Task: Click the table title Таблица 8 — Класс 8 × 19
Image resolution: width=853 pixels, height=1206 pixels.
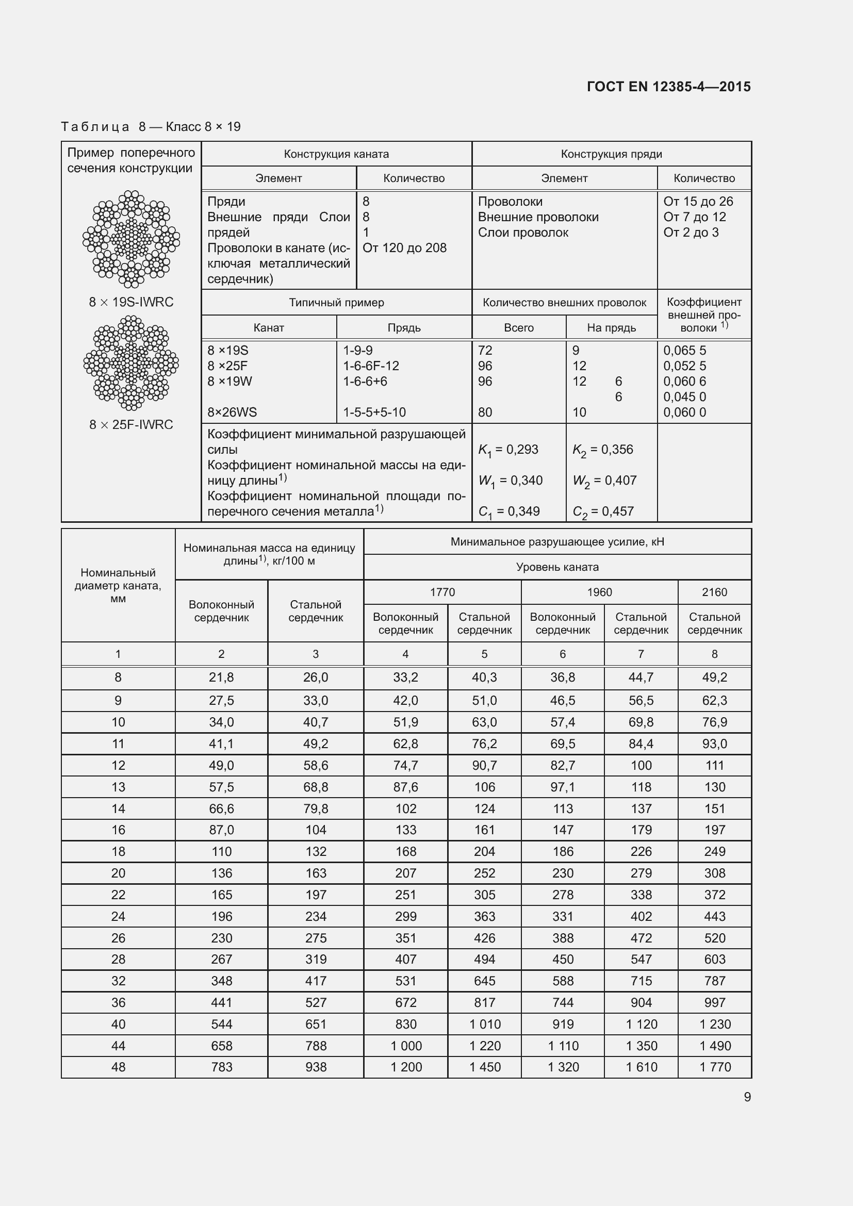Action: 151,127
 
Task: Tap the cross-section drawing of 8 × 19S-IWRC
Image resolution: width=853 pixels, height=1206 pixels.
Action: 131,239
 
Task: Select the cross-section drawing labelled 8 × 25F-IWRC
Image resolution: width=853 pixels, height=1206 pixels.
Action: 131,362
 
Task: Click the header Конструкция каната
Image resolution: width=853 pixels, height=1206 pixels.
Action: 336,154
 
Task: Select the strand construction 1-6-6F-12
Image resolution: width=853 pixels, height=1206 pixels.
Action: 371,366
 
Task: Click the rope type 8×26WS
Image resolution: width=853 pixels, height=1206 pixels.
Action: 232,412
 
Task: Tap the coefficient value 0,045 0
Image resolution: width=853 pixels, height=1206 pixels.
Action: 684,397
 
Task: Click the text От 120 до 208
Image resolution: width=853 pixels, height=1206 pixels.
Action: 404,248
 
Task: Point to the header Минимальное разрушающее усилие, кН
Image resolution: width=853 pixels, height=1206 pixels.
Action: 557,541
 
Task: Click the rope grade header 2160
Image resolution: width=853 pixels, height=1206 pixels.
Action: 714,592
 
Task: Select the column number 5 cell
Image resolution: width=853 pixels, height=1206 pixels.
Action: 484,654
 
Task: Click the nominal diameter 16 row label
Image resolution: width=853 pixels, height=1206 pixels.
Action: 118,830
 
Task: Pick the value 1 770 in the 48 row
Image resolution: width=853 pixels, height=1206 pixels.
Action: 714,1067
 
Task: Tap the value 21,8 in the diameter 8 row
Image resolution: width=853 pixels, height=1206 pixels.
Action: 221,678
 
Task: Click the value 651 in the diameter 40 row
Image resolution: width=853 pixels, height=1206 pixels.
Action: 315,1024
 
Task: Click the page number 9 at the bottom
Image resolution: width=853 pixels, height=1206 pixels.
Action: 747,1097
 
